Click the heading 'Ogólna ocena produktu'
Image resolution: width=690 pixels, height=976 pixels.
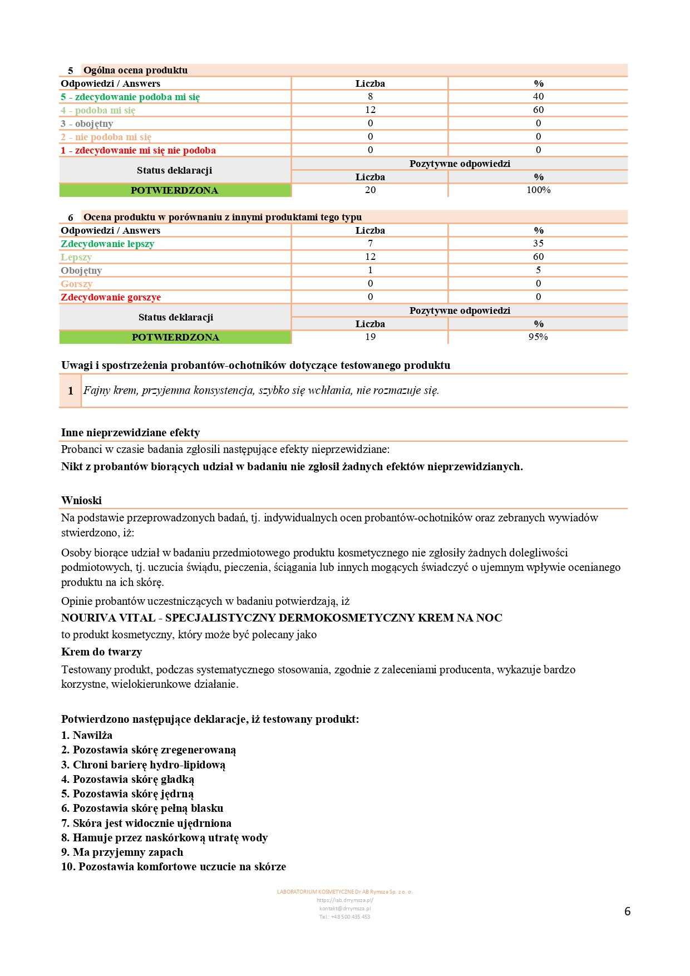tap(135, 70)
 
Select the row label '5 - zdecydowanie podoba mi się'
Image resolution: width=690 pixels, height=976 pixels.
tap(130, 97)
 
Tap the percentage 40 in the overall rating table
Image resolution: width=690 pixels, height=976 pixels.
tap(538, 96)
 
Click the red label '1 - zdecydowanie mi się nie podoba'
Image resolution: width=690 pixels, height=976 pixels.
tap(138, 150)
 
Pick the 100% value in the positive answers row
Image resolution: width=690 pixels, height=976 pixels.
tap(538, 190)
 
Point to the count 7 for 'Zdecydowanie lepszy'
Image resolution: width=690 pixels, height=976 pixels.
tap(370, 243)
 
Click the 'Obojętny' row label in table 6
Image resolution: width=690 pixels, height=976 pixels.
tap(81, 270)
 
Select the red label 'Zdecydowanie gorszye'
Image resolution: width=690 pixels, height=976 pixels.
tap(111, 297)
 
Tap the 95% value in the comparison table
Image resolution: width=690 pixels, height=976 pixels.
tap(538, 337)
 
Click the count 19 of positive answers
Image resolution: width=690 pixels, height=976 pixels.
tap(370, 337)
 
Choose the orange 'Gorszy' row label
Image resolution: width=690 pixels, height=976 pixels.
tap(76, 284)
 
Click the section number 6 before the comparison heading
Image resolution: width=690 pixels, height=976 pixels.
tap(71, 217)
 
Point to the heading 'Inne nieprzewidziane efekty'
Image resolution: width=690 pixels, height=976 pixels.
tap(130, 432)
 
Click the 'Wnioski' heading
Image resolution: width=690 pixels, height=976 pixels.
tap(81, 500)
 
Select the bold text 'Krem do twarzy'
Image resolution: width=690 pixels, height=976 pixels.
tap(101, 652)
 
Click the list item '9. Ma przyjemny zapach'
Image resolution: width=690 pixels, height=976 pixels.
tap(122, 852)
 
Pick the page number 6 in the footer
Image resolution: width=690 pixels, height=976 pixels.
tap(627, 911)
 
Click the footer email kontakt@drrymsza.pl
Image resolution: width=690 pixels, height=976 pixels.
tap(344, 908)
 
